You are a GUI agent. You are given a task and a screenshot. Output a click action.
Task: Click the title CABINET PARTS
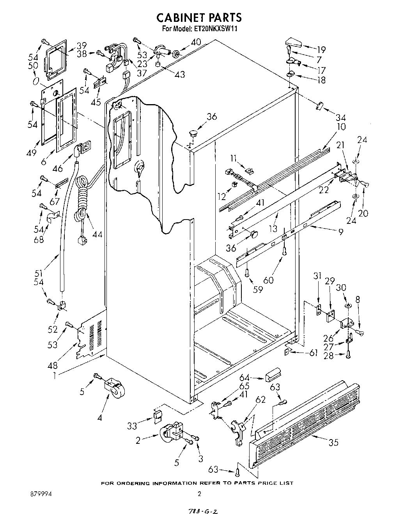click(x=199, y=18)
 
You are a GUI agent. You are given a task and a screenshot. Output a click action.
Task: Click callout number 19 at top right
click(x=321, y=50)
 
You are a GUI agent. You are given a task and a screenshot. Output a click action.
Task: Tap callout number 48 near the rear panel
click(x=53, y=365)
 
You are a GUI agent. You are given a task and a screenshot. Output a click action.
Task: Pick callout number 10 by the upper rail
click(x=342, y=127)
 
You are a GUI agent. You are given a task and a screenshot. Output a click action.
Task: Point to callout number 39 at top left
click(x=81, y=45)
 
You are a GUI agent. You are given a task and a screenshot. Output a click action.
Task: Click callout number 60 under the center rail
click(x=268, y=280)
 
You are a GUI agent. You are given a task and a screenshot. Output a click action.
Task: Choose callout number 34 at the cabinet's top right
click(x=341, y=117)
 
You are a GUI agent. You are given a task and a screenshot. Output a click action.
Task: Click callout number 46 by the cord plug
click(x=58, y=168)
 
